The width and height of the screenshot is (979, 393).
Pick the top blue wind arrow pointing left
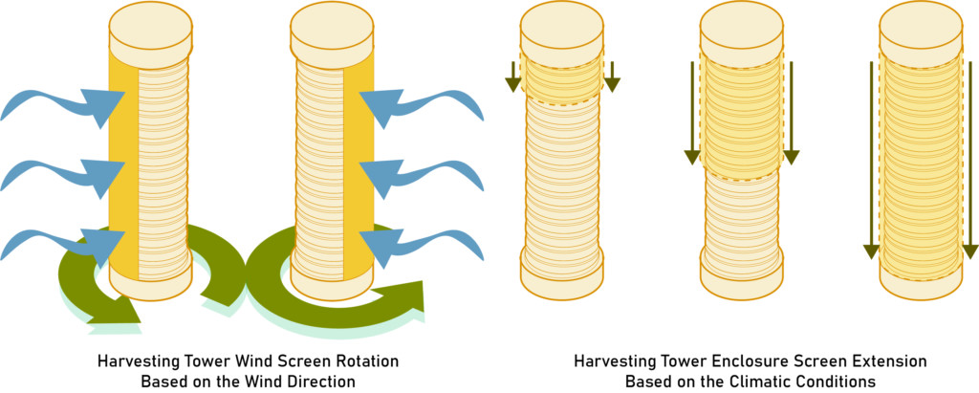tap(421, 106)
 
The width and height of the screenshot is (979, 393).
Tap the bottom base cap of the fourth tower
tap(742, 275)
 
